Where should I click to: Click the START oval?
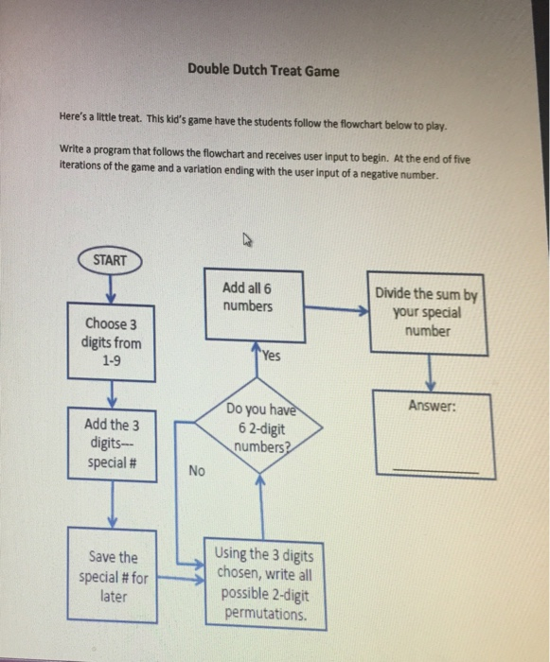[111, 258]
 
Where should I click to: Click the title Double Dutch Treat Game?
[262, 70]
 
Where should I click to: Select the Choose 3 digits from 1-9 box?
[112, 341]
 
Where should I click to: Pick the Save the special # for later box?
[114, 570]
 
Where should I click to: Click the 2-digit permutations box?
[262, 583]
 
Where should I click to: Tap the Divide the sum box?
[431, 312]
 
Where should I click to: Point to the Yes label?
[273, 357]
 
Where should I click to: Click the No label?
[195, 470]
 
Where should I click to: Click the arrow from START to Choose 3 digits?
[112, 285]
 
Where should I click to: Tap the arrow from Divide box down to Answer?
[432, 372]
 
